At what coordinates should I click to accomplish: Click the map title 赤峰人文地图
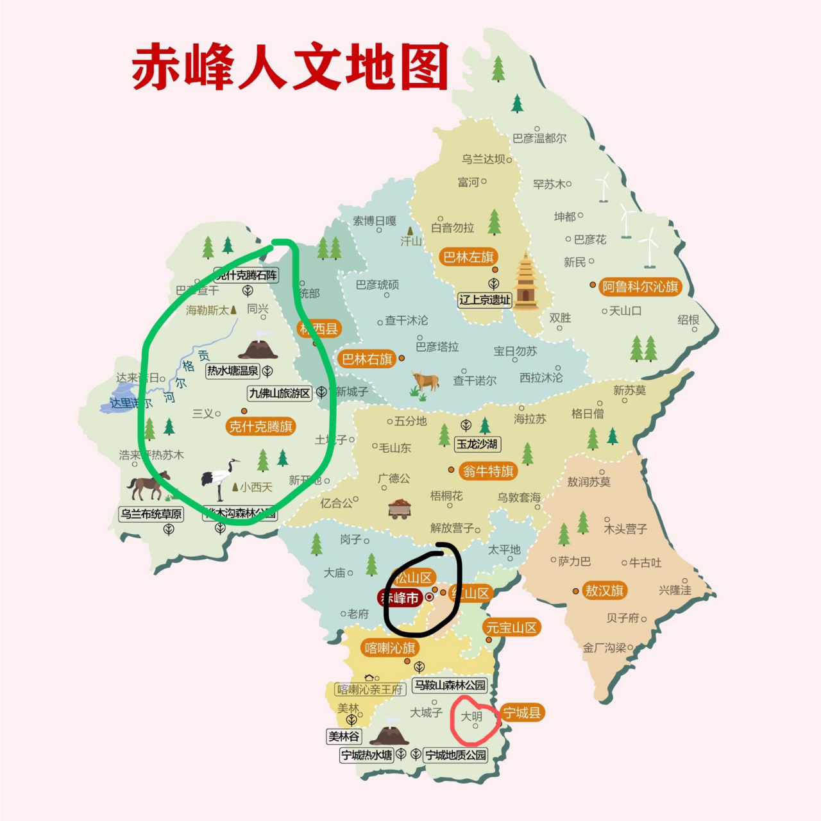(x=290, y=67)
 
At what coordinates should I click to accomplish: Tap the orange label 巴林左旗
(x=468, y=257)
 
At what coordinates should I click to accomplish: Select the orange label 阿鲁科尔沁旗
(x=640, y=287)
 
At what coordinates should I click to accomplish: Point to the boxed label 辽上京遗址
(x=485, y=300)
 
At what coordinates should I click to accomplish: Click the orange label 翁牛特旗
(x=488, y=471)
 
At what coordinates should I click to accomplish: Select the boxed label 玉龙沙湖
(x=477, y=444)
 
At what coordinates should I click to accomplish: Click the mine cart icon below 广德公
(x=400, y=509)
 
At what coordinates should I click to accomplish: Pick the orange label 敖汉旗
(x=604, y=591)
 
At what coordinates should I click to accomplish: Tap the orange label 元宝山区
(x=511, y=627)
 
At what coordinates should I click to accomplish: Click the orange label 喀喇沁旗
(x=390, y=648)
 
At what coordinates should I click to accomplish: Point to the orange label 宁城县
(x=521, y=713)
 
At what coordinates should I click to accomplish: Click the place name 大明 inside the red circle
(x=471, y=716)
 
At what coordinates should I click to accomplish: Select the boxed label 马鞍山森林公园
(x=450, y=685)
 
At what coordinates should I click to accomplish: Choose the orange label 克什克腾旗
(x=260, y=427)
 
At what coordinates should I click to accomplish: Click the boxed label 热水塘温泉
(x=233, y=371)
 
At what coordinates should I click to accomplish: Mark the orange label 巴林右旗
(x=367, y=359)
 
